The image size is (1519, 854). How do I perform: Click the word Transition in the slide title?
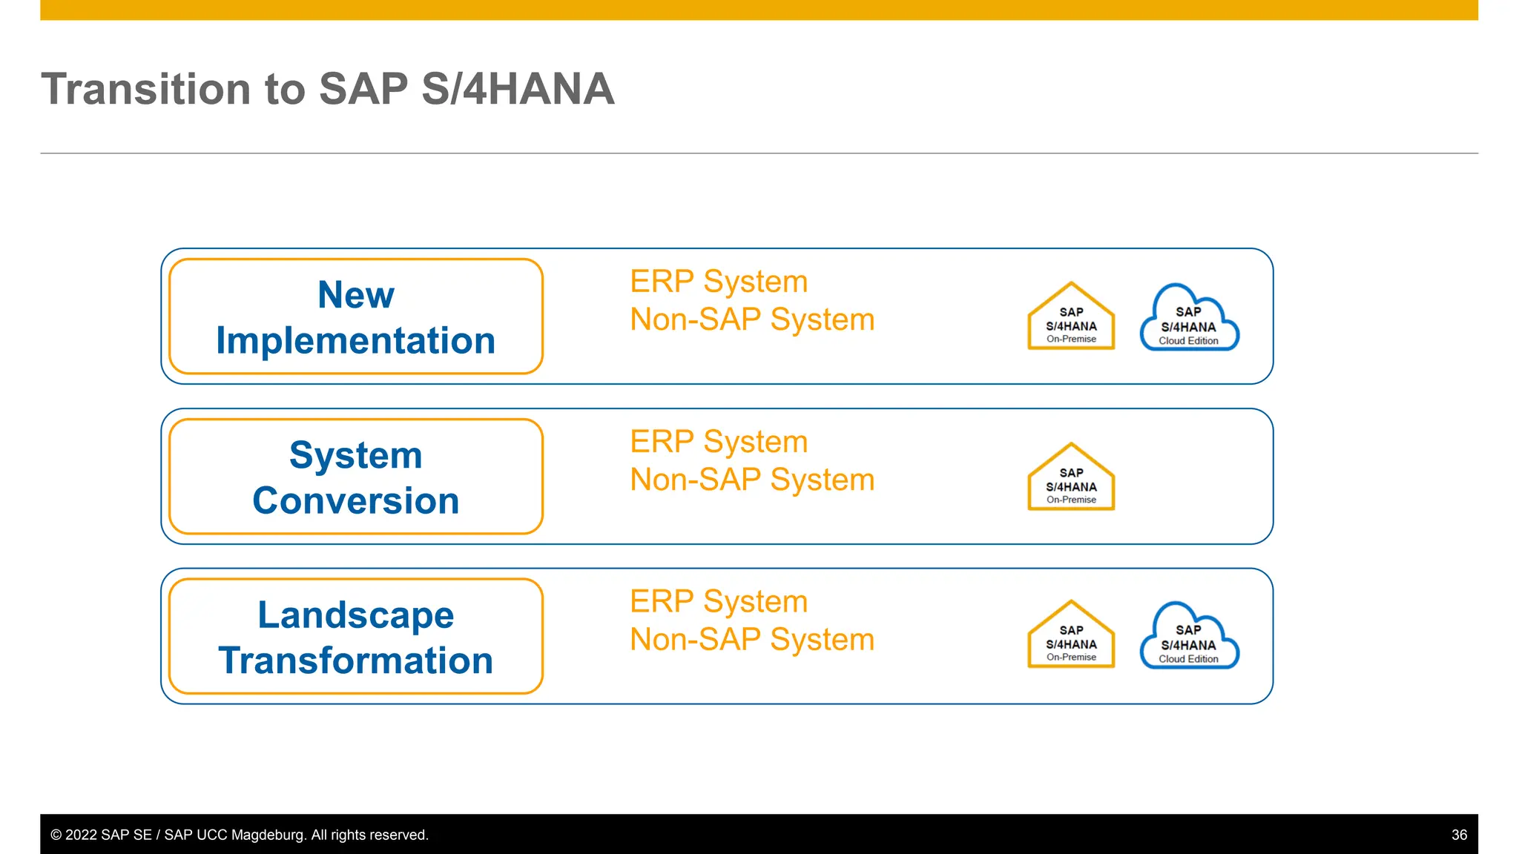coord(146,89)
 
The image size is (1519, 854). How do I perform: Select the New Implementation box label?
coord(355,317)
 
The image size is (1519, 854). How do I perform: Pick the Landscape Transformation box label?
coord(355,638)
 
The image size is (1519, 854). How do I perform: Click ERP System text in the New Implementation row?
coord(718,282)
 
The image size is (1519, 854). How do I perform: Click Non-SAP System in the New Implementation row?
coord(751,320)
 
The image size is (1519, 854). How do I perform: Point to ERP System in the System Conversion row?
coord(718,442)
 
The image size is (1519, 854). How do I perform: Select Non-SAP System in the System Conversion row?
coord(751,480)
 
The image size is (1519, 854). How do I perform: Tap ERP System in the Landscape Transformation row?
coord(718,601)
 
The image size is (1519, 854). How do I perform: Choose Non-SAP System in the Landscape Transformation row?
coord(751,640)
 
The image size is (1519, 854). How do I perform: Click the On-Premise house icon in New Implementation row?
coord(1070,319)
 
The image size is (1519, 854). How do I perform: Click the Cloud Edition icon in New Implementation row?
coord(1188,320)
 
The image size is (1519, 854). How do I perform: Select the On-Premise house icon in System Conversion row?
coord(1070,480)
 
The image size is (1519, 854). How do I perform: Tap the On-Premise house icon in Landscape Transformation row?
coord(1070,638)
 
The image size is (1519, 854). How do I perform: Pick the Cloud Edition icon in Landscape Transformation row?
coord(1188,638)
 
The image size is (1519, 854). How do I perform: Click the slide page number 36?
coord(1458,835)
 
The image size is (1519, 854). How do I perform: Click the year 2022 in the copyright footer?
coord(81,835)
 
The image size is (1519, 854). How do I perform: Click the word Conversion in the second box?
coord(355,501)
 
